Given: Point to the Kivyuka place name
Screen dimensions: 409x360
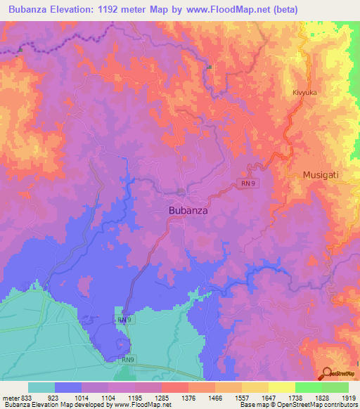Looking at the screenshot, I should point(306,92).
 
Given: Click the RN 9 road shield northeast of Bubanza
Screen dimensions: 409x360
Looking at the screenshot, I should point(245,184).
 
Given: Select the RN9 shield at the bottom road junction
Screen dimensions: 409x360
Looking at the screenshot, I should point(127,360).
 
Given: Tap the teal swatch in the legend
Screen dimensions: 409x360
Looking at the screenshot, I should point(41,387).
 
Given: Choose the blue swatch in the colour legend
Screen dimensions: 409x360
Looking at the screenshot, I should point(68,387).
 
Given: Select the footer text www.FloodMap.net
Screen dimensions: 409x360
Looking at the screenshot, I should point(142,405).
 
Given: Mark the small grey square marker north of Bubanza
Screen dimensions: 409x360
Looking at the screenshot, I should point(210,67).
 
